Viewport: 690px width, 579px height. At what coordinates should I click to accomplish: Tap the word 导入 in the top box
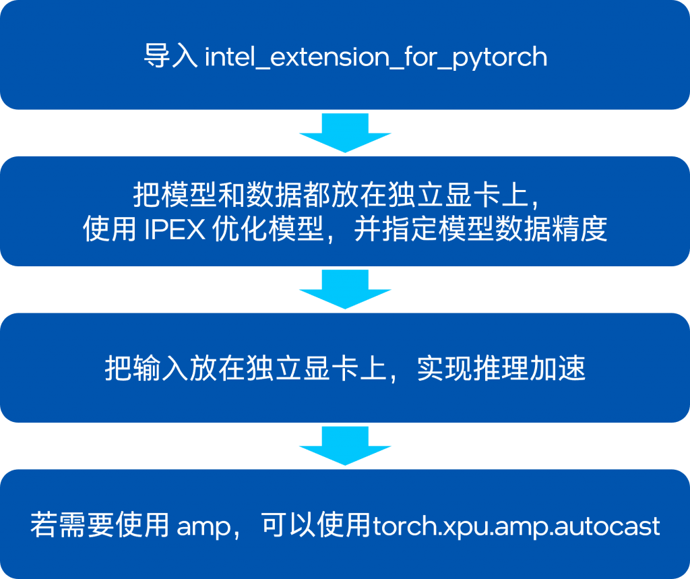click(170, 56)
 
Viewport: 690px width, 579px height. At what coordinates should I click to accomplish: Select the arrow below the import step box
click(345, 133)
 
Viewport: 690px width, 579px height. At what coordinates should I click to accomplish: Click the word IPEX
click(175, 229)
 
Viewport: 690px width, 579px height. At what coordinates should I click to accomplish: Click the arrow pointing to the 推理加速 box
click(345, 289)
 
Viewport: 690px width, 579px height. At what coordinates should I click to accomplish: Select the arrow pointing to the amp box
click(345, 446)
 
